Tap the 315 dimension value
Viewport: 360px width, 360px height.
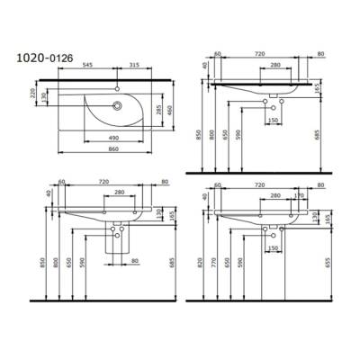133,65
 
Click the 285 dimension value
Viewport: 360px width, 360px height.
158,112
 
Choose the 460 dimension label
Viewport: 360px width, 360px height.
167,109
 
